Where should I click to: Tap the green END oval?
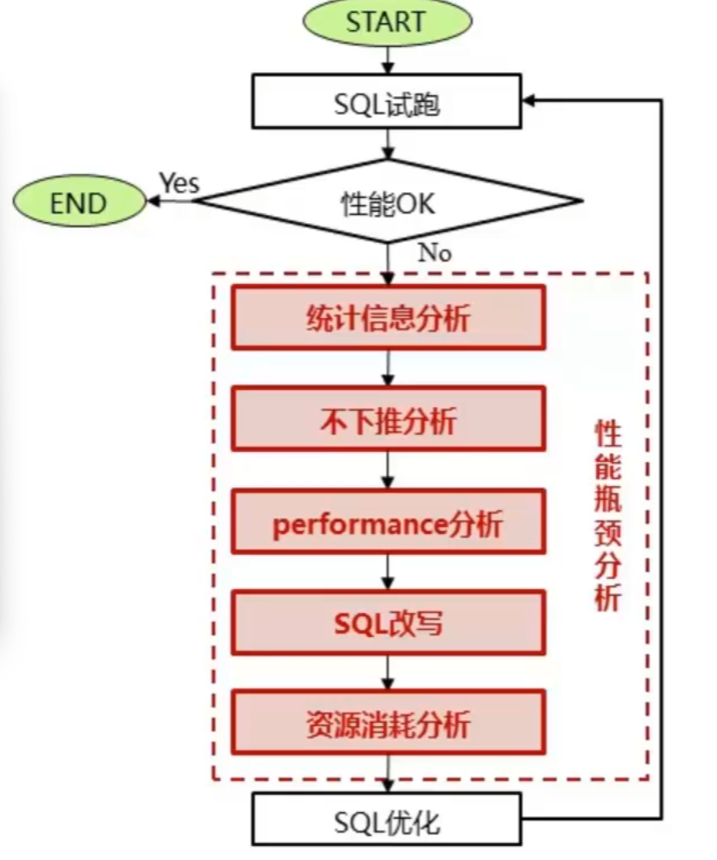79,202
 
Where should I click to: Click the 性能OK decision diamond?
388,203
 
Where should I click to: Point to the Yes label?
178,183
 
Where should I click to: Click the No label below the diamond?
435,252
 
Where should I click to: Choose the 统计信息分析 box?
388,318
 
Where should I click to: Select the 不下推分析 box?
388,419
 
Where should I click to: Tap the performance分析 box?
388,521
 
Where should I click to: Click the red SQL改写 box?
388,622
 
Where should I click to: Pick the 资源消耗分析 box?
388,723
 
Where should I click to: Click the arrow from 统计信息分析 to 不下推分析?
389,368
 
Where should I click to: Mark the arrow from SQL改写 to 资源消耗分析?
389,672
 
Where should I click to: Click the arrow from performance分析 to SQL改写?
389,571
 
